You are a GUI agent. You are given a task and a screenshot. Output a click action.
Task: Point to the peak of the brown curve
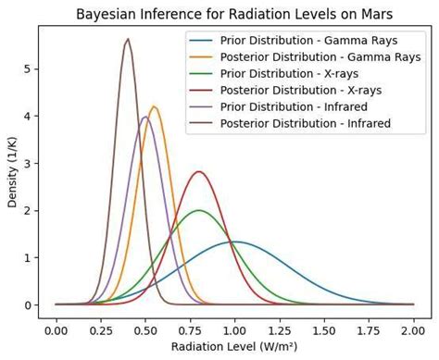128,39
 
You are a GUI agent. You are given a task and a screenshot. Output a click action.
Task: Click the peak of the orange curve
155,106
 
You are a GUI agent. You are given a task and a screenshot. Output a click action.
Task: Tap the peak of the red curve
199,171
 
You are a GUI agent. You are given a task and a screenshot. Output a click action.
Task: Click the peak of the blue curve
235,242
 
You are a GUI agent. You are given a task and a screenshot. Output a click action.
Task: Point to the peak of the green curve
199,210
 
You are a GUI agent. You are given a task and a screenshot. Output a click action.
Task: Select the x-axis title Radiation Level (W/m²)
235,347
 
